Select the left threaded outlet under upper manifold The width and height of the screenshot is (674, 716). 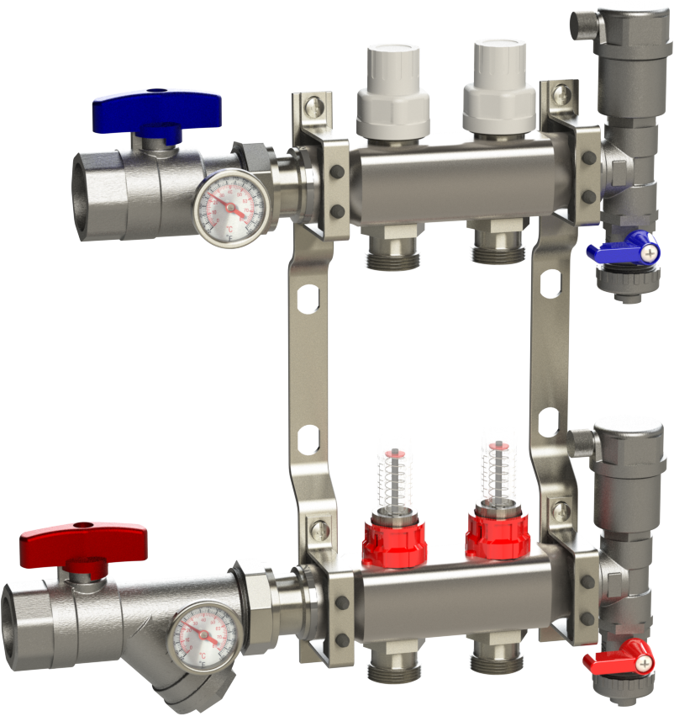[393, 252]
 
